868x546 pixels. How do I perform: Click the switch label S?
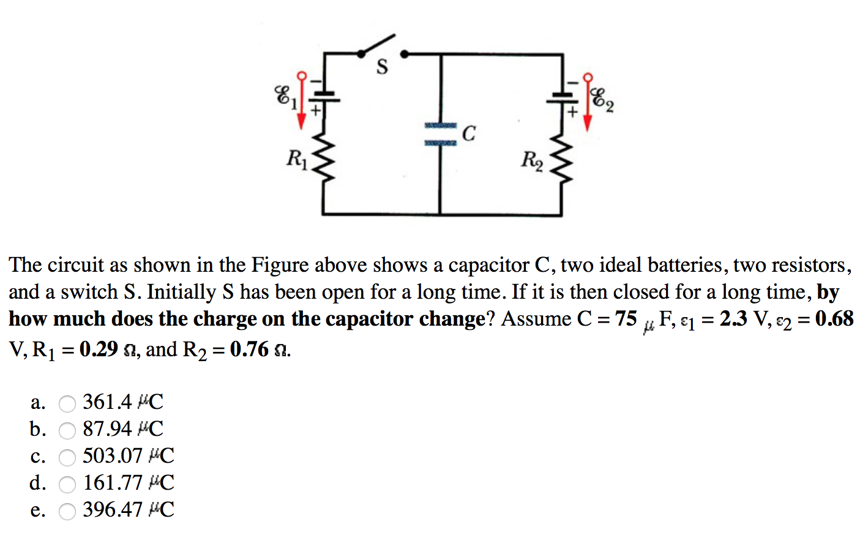pyautogui.click(x=382, y=67)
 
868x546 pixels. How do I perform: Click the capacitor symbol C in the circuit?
pyautogui.click(x=441, y=134)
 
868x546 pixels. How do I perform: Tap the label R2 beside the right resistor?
pyautogui.click(x=532, y=160)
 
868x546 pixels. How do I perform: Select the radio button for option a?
pyautogui.click(x=67, y=403)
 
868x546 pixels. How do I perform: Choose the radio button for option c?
pyautogui.click(x=67, y=457)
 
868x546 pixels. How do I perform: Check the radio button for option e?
pyautogui.click(x=67, y=511)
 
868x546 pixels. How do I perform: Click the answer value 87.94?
pyautogui.click(x=107, y=429)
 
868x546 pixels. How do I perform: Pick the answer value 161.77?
pyautogui.click(x=113, y=483)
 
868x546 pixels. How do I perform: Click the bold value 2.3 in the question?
pyautogui.click(x=733, y=319)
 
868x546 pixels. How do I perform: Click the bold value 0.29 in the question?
pyautogui.click(x=99, y=350)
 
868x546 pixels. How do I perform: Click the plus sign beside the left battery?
pyautogui.click(x=315, y=111)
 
